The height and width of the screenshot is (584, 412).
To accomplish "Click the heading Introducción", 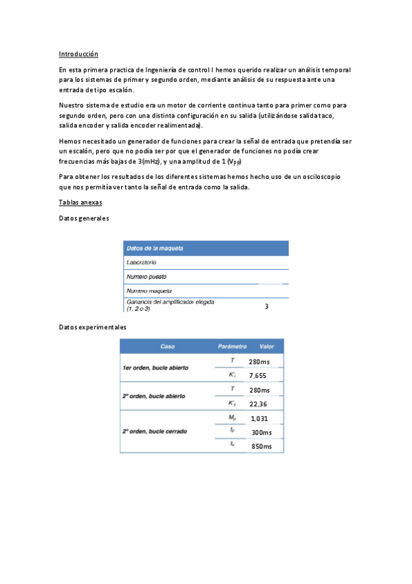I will click(78, 54).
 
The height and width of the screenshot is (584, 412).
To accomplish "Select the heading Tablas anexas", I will click(80, 202).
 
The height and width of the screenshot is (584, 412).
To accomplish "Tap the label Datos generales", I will click(84, 218).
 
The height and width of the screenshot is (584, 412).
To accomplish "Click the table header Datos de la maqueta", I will click(155, 249).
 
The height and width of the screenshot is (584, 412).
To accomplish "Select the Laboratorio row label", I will click(142, 262).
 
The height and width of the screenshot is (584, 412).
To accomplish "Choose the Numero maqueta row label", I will click(147, 291).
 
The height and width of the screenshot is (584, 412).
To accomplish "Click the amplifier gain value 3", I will click(266, 306).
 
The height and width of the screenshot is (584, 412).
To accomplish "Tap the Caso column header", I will click(167, 346).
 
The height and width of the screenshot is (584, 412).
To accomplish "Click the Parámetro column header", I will click(232, 346).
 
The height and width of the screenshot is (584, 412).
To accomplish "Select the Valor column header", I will click(266, 346).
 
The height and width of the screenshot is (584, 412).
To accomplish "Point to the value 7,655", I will click(257, 375).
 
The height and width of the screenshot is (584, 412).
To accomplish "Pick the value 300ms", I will click(261, 432).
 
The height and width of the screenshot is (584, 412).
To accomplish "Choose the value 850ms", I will click(261, 446).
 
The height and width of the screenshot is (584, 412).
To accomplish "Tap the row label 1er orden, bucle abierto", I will click(155, 368).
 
